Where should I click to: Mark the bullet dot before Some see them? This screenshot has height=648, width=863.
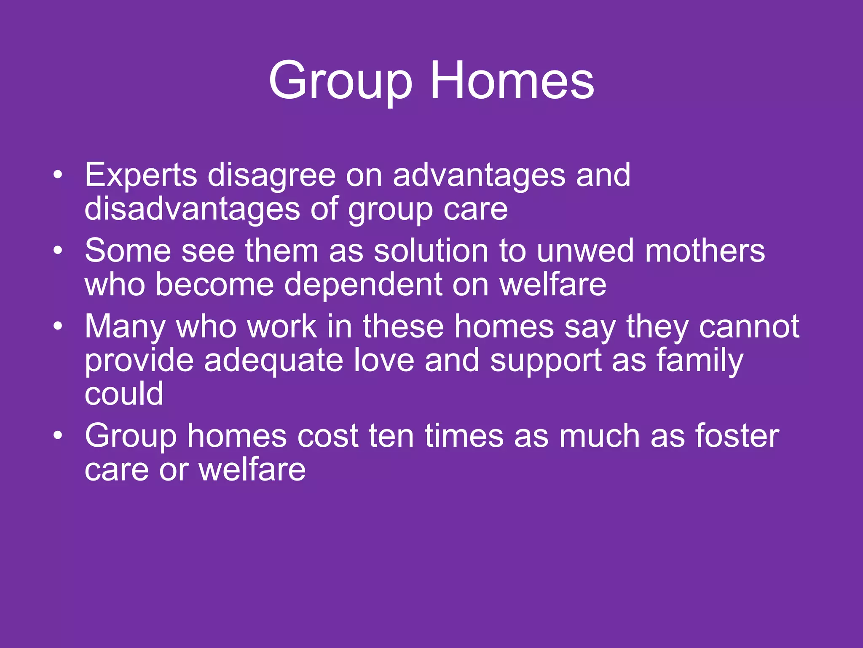58,251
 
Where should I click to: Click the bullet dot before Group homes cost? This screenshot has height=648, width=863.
58,435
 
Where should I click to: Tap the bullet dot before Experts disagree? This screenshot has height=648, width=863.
58,175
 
